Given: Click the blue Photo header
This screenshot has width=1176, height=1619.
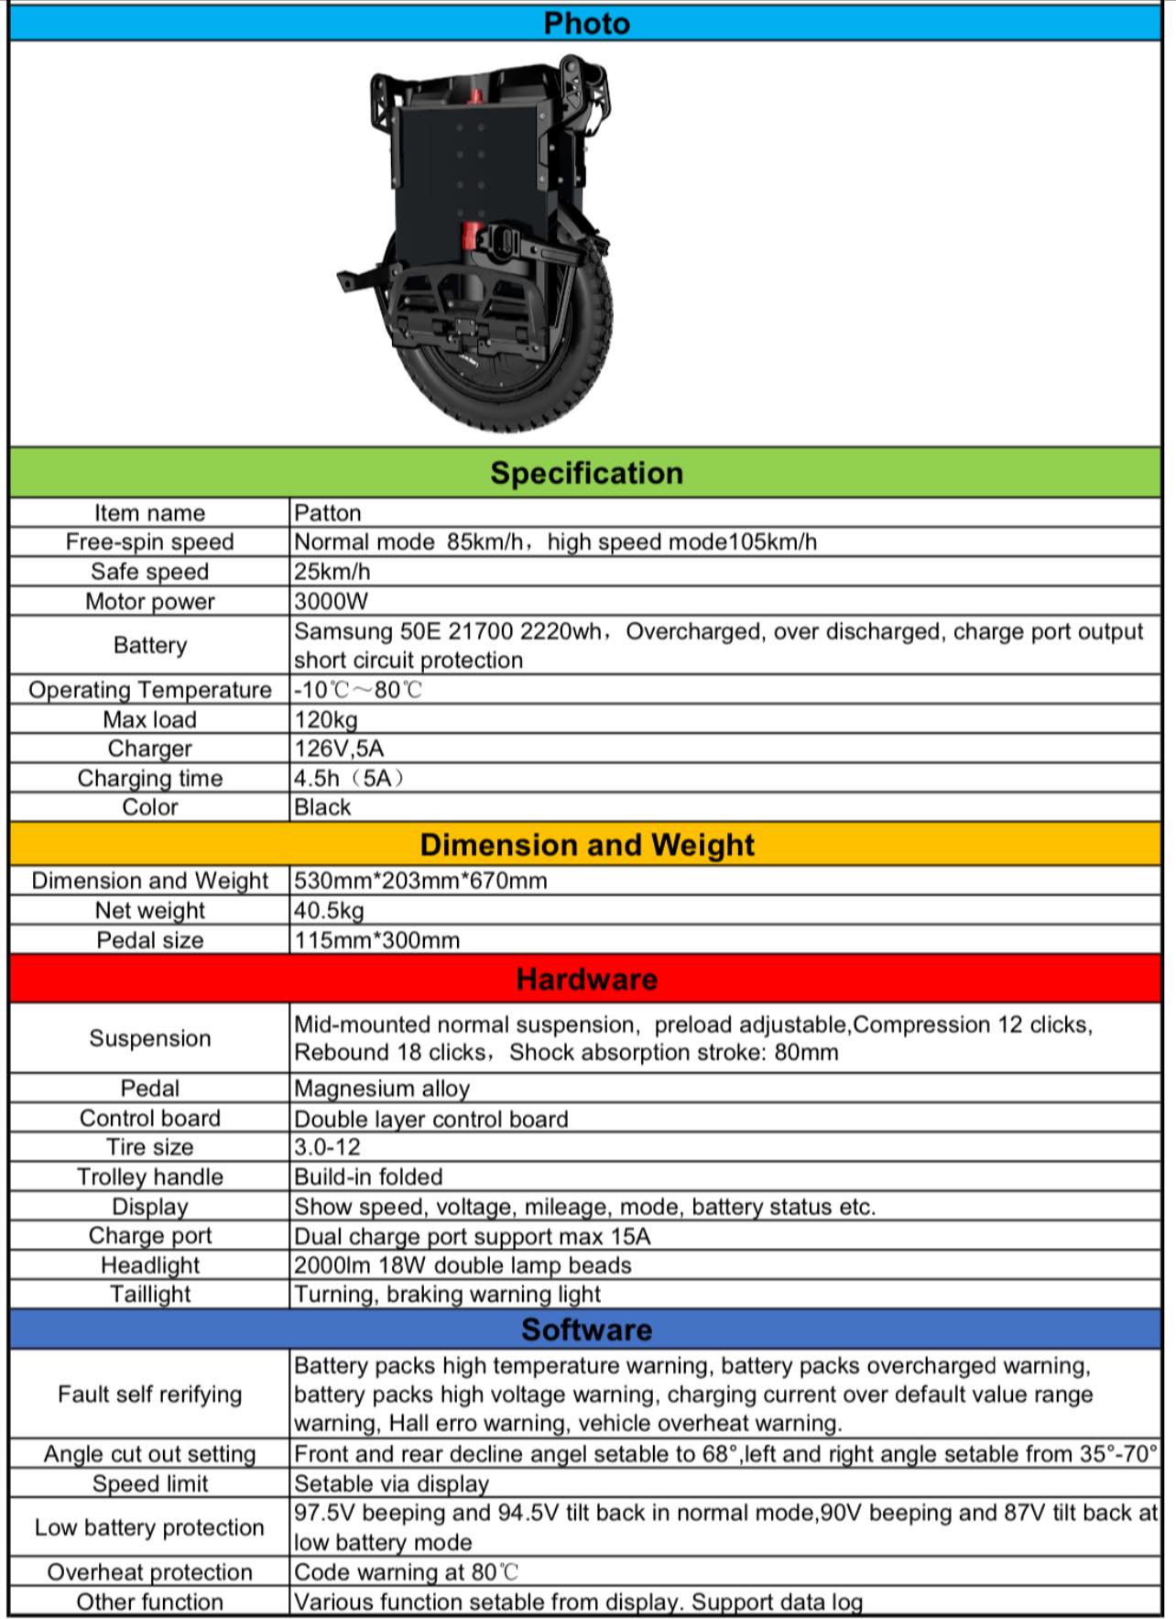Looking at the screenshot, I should coord(586,23).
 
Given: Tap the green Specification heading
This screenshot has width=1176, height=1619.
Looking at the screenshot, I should coord(586,473).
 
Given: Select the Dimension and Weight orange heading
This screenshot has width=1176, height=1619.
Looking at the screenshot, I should coord(586,844).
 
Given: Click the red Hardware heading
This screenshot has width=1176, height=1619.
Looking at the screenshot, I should coord(586,979).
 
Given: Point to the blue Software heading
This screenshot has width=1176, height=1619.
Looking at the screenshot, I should coord(586,1329).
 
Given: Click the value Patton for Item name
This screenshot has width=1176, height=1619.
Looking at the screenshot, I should coord(328,512).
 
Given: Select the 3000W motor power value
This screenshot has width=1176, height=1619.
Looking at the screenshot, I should coord(331,601).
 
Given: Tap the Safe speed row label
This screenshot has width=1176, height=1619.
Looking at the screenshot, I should coord(149,572).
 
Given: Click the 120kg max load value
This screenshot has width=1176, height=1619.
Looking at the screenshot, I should coord(326,719).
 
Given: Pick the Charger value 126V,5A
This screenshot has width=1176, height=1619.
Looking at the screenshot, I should coord(339,749).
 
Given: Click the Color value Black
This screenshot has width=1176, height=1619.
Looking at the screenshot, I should coord(322,807).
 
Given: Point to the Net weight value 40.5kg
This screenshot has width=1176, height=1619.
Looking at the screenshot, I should coord(329,911).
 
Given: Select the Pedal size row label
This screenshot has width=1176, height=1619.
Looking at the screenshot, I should coord(149,940).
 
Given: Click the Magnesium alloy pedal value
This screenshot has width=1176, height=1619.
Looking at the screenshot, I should coord(382,1088).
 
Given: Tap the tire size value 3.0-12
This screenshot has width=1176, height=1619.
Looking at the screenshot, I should coord(327,1147).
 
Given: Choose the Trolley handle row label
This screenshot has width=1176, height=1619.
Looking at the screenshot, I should coord(149,1176).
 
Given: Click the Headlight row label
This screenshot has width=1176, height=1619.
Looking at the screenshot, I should coord(149,1265).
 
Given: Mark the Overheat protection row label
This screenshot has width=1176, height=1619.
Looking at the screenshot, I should coord(149,1572).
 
